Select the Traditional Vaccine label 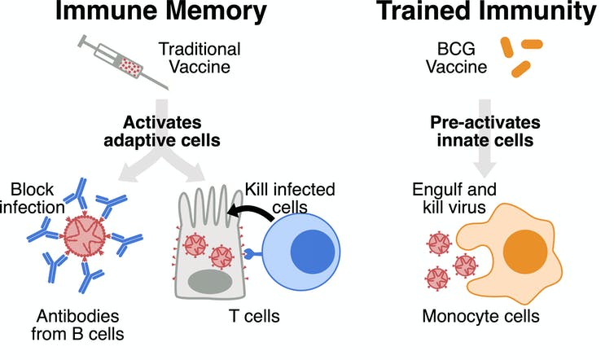[x=191, y=58]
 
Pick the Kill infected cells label [x=292, y=199]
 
